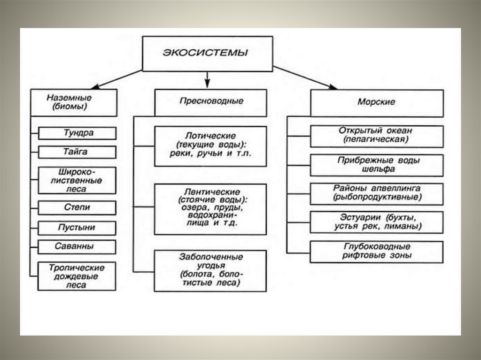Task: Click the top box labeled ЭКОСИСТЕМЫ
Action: (x=207, y=54)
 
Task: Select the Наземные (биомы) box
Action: (x=74, y=102)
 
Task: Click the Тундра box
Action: (x=77, y=133)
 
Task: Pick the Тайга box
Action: (x=77, y=152)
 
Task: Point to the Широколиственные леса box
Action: (x=77, y=180)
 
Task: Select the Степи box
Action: (x=77, y=207)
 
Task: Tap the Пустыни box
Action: (x=77, y=228)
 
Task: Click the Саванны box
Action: (x=77, y=246)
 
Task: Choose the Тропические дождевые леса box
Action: (x=77, y=276)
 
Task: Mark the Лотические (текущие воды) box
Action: (x=210, y=146)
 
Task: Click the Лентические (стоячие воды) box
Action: (x=210, y=209)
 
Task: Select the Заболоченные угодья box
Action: (x=210, y=271)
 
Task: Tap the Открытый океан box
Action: (x=376, y=136)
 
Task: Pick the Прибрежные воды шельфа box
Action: (x=376, y=165)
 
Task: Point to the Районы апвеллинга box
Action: (x=376, y=193)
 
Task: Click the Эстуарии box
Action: (x=376, y=222)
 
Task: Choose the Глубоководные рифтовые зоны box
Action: (x=376, y=251)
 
